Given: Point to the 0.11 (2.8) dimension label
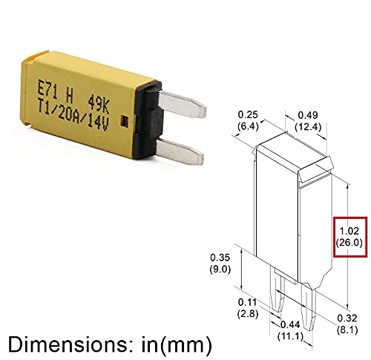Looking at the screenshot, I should pos(246,307).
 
